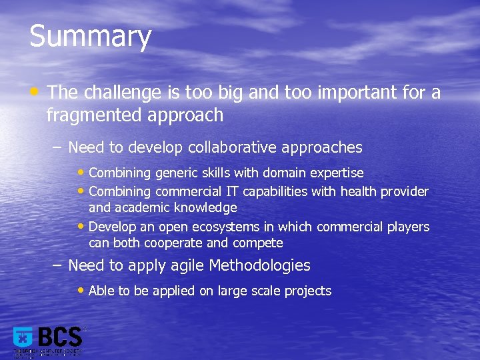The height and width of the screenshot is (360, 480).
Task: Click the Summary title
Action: tap(91, 37)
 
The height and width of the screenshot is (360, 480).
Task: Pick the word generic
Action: tap(178, 173)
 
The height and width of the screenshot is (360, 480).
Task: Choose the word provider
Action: tap(405, 191)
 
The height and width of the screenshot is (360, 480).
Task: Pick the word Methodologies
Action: tap(260, 265)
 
